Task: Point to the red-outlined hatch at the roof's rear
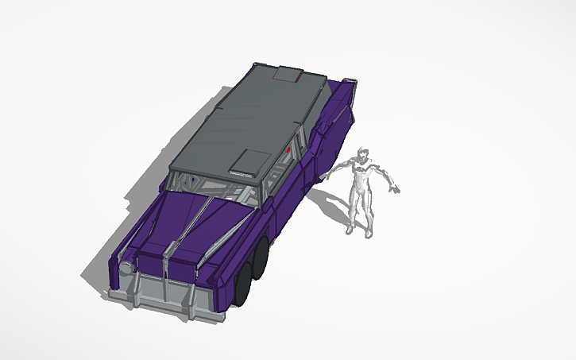tap(287, 75)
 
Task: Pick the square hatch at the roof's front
tap(249, 162)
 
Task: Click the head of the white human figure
tap(363, 155)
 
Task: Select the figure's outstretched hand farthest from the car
tap(395, 190)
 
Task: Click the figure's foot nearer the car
tap(350, 231)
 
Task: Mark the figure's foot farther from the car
tap(369, 234)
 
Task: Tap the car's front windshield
tap(215, 191)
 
